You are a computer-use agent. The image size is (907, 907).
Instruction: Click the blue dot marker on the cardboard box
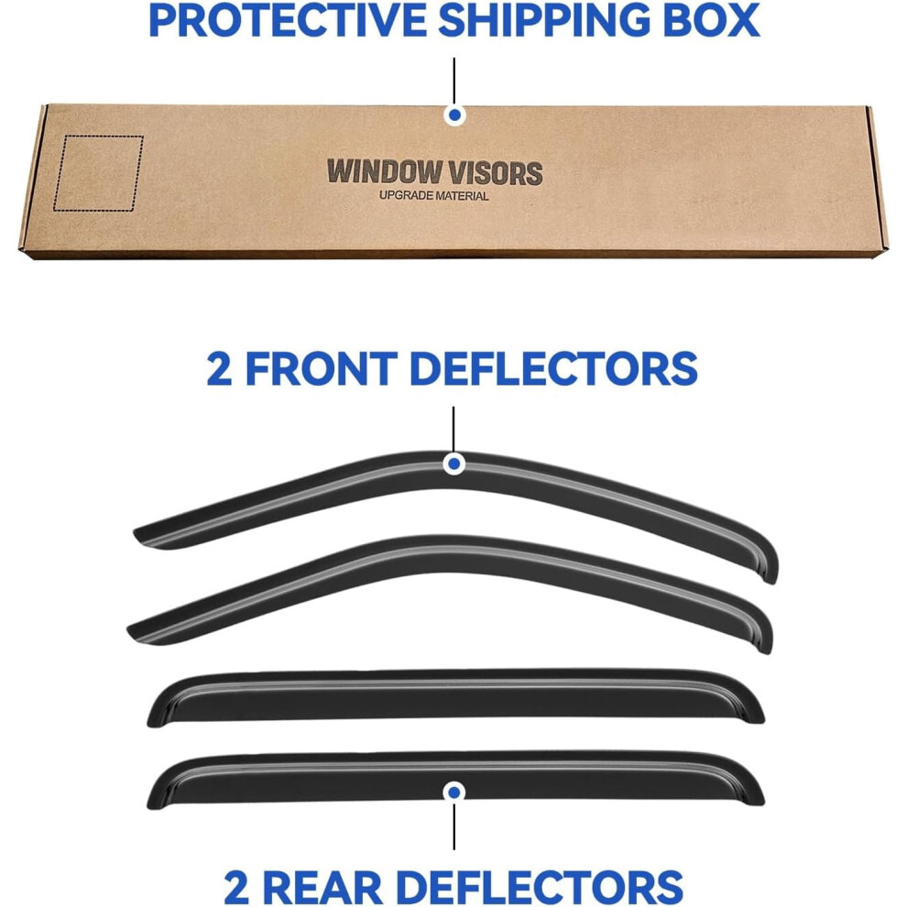click(454, 115)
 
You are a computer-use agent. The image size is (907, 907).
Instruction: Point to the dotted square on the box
click(98, 173)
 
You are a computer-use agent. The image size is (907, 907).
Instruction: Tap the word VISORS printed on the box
click(495, 172)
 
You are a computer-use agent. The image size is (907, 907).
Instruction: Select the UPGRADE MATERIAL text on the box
click(434, 196)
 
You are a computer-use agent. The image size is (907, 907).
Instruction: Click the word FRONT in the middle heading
click(322, 368)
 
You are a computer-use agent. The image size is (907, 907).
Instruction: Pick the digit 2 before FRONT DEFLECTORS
click(220, 368)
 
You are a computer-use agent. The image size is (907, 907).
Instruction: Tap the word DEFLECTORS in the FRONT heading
click(553, 368)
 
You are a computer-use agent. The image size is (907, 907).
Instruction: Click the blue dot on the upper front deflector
click(454, 464)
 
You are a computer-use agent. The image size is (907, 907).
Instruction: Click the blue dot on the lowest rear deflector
click(454, 792)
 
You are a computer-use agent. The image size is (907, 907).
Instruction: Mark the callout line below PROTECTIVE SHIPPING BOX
click(454, 81)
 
